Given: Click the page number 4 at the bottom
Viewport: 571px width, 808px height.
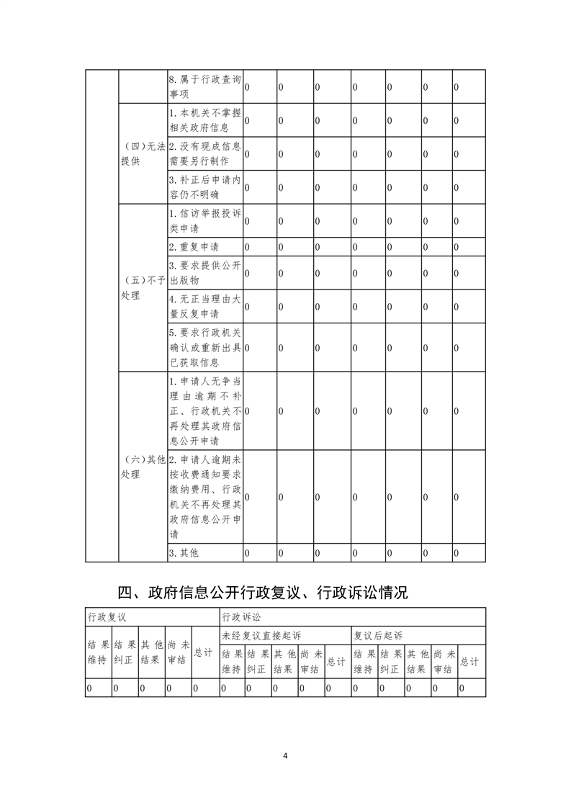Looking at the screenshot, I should click(285, 755).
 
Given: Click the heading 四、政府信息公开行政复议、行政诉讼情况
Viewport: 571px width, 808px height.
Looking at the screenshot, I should click(263, 593).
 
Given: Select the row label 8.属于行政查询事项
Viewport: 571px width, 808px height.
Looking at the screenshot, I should click(204, 87).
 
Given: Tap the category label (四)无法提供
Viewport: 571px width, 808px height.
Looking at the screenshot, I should click(143, 153).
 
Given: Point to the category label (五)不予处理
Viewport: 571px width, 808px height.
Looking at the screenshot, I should click(143, 287).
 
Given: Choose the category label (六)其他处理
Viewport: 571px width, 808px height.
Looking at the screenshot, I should click(143, 467).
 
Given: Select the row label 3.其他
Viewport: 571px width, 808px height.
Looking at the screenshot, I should click(183, 553).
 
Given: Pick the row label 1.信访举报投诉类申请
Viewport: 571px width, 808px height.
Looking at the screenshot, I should click(204, 220).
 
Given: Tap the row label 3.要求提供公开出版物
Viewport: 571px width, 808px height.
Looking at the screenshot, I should click(204, 273).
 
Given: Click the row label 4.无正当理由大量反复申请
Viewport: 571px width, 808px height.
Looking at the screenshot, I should click(204, 306).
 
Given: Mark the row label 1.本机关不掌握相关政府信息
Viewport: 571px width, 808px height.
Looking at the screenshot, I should click(204, 120).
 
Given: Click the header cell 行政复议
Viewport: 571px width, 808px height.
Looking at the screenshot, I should click(107, 617).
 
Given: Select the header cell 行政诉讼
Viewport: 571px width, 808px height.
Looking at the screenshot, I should click(242, 617).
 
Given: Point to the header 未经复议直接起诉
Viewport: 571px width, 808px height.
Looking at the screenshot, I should click(261, 635).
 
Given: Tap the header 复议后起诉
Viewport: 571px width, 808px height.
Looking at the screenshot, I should click(377, 635).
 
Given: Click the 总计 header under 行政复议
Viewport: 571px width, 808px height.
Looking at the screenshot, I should click(204, 652).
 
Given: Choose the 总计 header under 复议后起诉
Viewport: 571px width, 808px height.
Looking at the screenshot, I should click(469, 662).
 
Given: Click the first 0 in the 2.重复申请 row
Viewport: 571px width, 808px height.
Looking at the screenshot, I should click(247, 247).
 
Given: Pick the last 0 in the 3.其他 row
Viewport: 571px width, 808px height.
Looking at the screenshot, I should click(456, 553).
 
